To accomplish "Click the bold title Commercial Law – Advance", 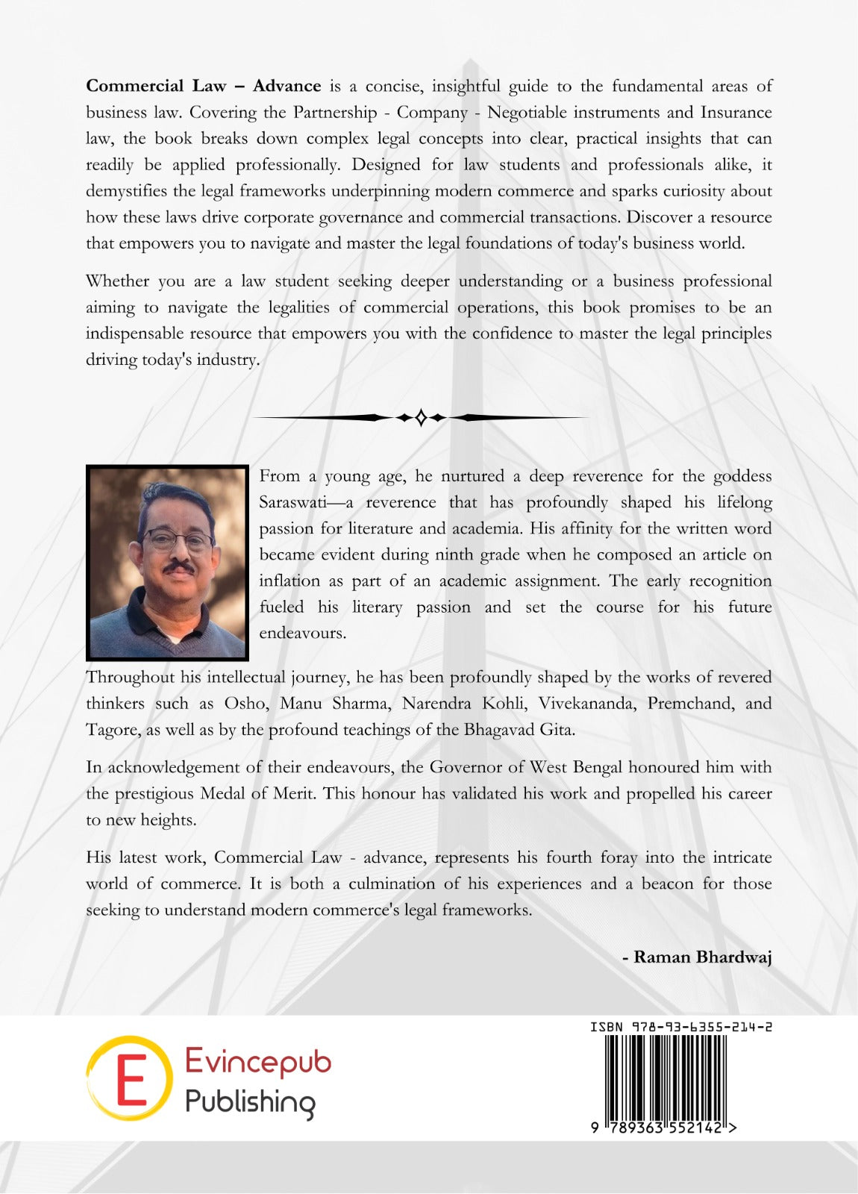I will tap(203, 86).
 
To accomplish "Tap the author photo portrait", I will tap(167, 562).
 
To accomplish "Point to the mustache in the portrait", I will tap(179, 568).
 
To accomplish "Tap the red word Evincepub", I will tap(257, 1061).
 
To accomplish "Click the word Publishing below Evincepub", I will tap(250, 1102).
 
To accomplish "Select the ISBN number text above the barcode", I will tap(680, 1027).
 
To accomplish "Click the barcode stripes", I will tap(664, 1078).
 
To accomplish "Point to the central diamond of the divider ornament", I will tap(421, 417).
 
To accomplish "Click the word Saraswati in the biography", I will tap(292, 502).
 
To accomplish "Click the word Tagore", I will tap(113, 729).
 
